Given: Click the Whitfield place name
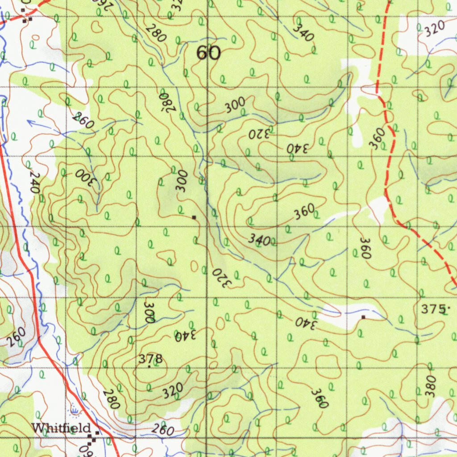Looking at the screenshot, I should pyautogui.click(x=62, y=428).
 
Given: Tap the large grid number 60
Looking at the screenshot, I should pyautogui.click(x=208, y=54).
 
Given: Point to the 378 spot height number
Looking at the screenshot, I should pyautogui.click(x=150, y=359).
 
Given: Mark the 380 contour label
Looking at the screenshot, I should pyautogui.click(x=430, y=386).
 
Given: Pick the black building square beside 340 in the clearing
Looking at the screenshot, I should pyautogui.click(x=363, y=317).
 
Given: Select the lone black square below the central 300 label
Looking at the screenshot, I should pyautogui.click(x=194, y=217).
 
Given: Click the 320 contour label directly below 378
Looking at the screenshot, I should pyautogui.click(x=172, y=391).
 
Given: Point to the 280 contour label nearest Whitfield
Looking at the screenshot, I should pyautogui.click(x=111, y=399).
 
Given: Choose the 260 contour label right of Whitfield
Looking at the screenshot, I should pyautogui.click(x=162, y=430).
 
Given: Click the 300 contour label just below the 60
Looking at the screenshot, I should pyautogui.click(x=235, y=105).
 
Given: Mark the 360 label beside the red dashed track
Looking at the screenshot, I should pyautogui.click(x=377, y=138).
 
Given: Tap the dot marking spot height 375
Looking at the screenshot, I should pyautogui.click(x=449, y=308).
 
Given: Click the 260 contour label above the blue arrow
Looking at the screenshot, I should pyautogui.click(x=83, y=120).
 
